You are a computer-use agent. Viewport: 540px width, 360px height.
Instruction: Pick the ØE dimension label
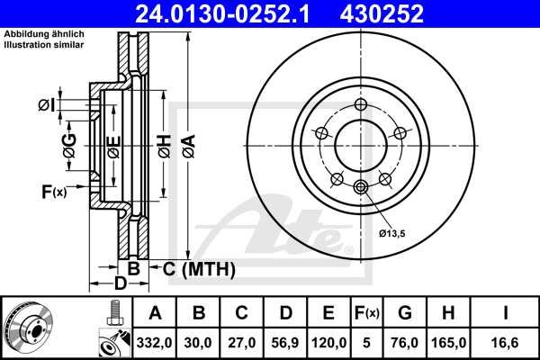pos(112,147)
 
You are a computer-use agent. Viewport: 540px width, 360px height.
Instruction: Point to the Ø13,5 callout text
pos(391,234)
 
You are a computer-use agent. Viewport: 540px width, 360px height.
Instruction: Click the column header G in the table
pos(405,314)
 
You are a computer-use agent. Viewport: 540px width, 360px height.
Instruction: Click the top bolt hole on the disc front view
pos(361,104)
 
